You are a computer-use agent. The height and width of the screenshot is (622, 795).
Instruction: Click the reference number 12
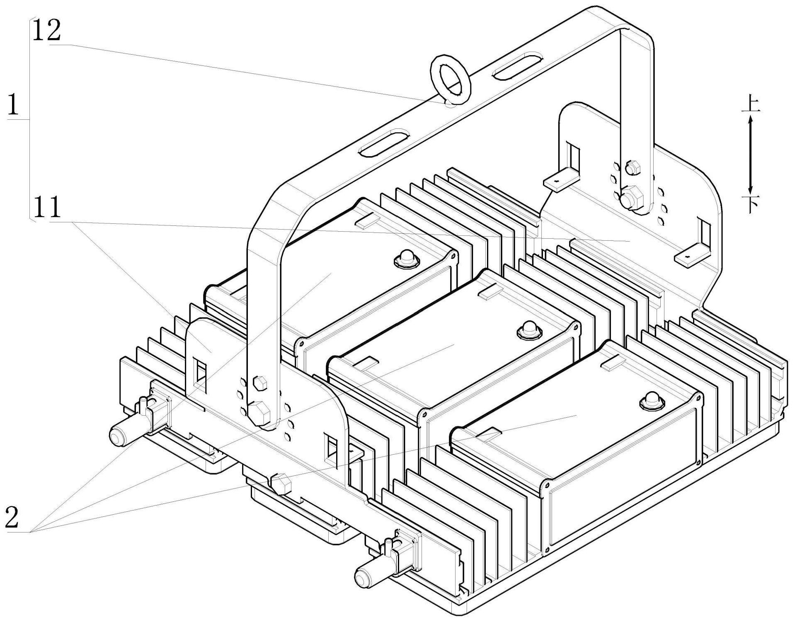point(46,31)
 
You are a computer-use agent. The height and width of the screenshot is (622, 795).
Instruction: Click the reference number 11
point(47,208)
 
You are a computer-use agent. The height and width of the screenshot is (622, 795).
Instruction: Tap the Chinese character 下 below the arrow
point(750,203)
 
